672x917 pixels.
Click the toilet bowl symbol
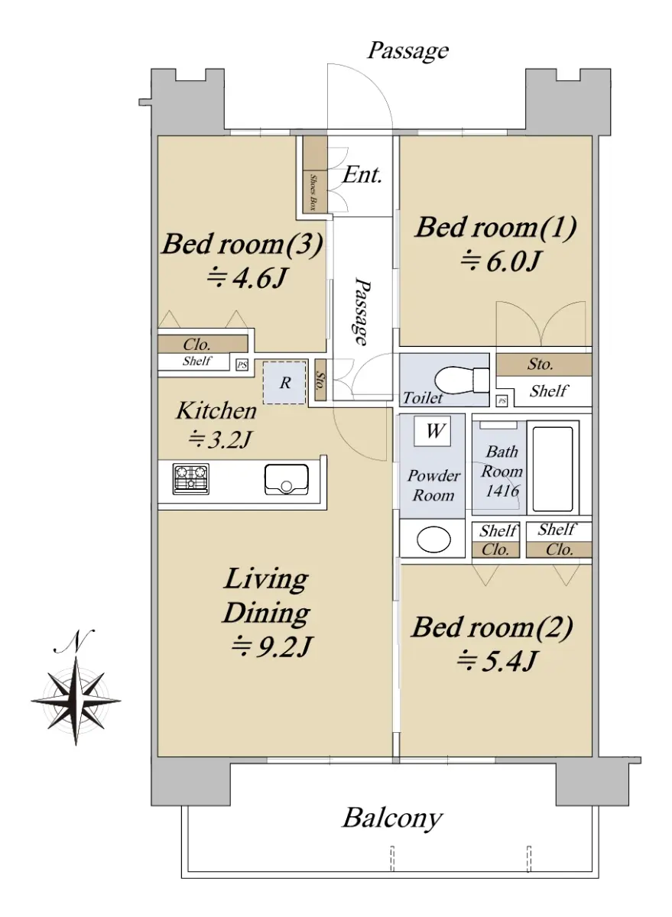pos(462,379)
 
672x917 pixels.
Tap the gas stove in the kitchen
pos(191,478)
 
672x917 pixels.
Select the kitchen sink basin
pos(286,479)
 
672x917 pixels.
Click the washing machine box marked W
pos(433,431)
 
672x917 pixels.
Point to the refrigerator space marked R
pos(284,383)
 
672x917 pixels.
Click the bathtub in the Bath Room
pos(553,468)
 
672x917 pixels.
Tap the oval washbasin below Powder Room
pos(433,540)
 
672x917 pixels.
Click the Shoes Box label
pos(313,193)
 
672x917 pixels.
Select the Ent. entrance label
pos(362,175)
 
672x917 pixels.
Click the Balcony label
pos(392,818)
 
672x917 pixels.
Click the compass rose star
pos(76,701)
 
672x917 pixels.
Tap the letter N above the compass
pos(73,641)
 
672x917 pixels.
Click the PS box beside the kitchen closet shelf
pos(242,365)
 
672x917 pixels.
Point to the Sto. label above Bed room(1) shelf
pos(541,364)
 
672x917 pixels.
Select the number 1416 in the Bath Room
pos(502,491)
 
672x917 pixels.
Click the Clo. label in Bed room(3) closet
pos(197,345)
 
